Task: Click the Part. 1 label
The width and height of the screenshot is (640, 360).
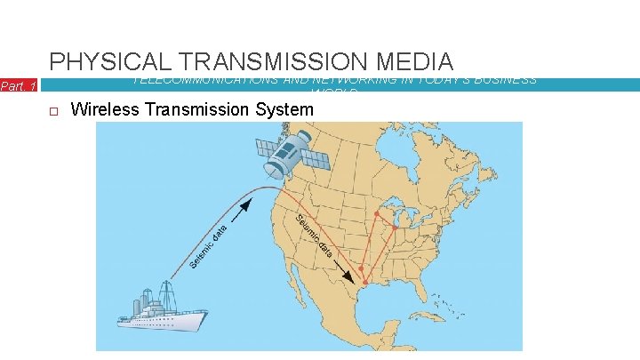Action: pyautogui.click(x=18, y=86)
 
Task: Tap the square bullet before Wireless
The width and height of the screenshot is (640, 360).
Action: pyautogui.click(x=53, y=110)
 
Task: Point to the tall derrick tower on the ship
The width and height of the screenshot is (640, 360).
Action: pyautogui.click(x=166, y=291)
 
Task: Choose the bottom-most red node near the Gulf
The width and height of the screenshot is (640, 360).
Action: pyautogui.click(x=365, y=282)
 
